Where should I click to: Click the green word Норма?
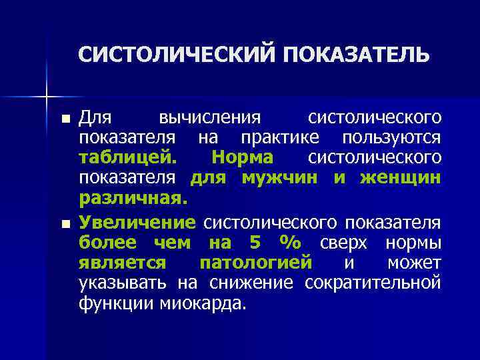[x=241, y=159]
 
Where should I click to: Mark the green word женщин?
[x=400, y=179]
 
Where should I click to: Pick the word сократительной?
[x=373, y=283]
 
